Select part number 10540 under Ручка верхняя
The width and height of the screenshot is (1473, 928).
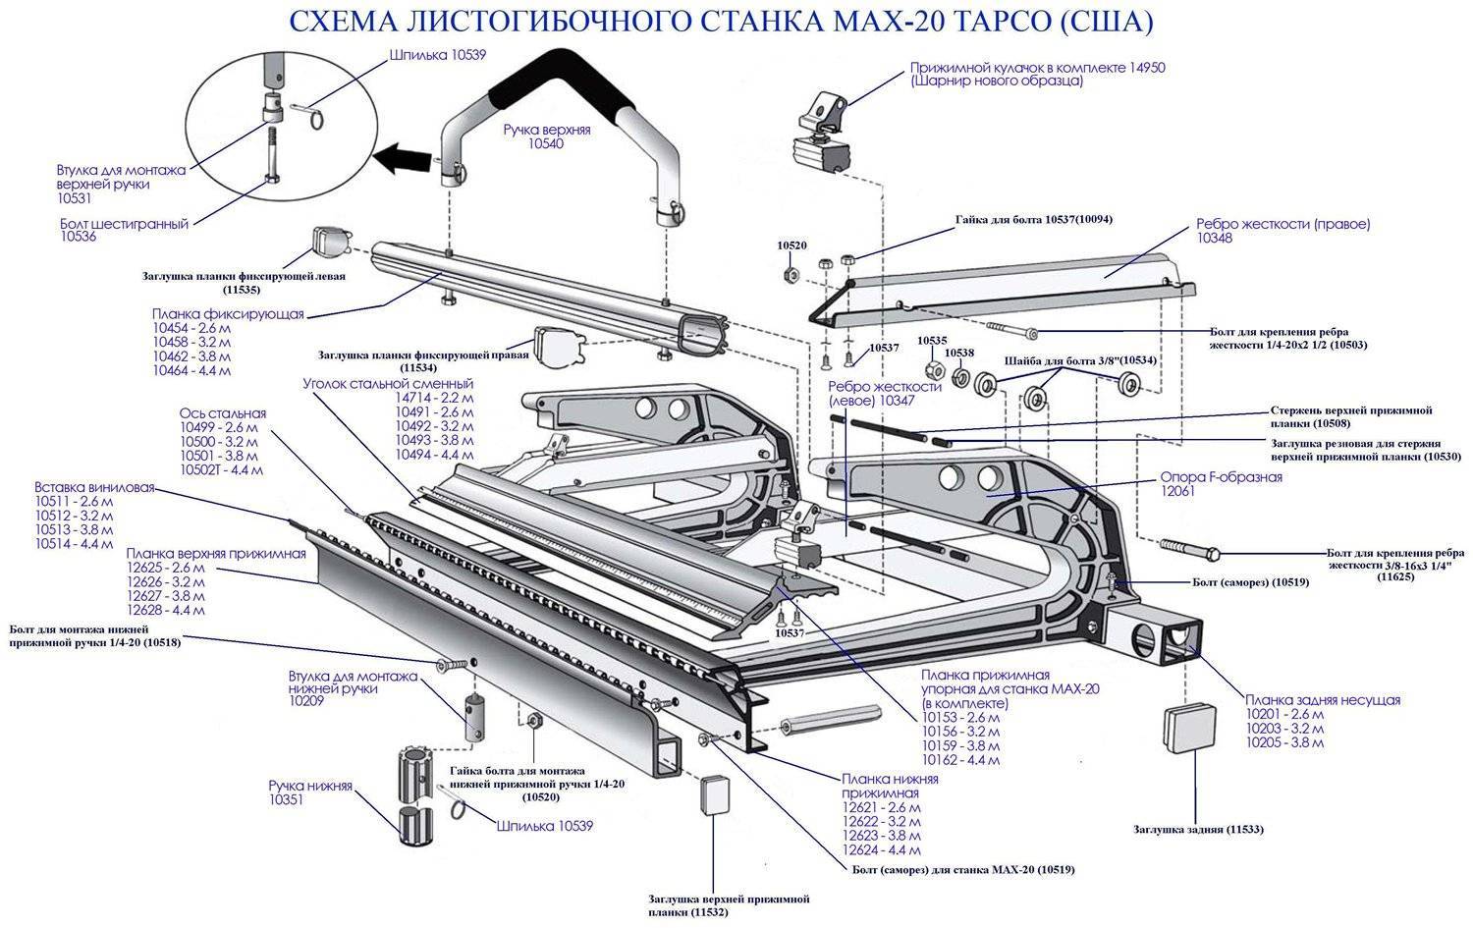click(x=546, y=143)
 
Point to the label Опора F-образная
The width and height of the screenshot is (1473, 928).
click(x=1221, y=477)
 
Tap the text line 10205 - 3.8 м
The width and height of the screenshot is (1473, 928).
click(x=1283, y=743)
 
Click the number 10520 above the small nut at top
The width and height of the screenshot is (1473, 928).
click(x=791, y=246)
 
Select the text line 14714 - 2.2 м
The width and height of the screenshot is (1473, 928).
click(x=434, y=399)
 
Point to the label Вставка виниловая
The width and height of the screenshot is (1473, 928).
click(x=93, y=487)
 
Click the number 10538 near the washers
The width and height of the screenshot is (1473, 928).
click(x=959, y=352)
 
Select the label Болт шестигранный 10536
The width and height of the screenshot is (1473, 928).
click(x=124, y=230)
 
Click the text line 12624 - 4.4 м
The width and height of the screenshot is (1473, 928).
click(x=881, y=849)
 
